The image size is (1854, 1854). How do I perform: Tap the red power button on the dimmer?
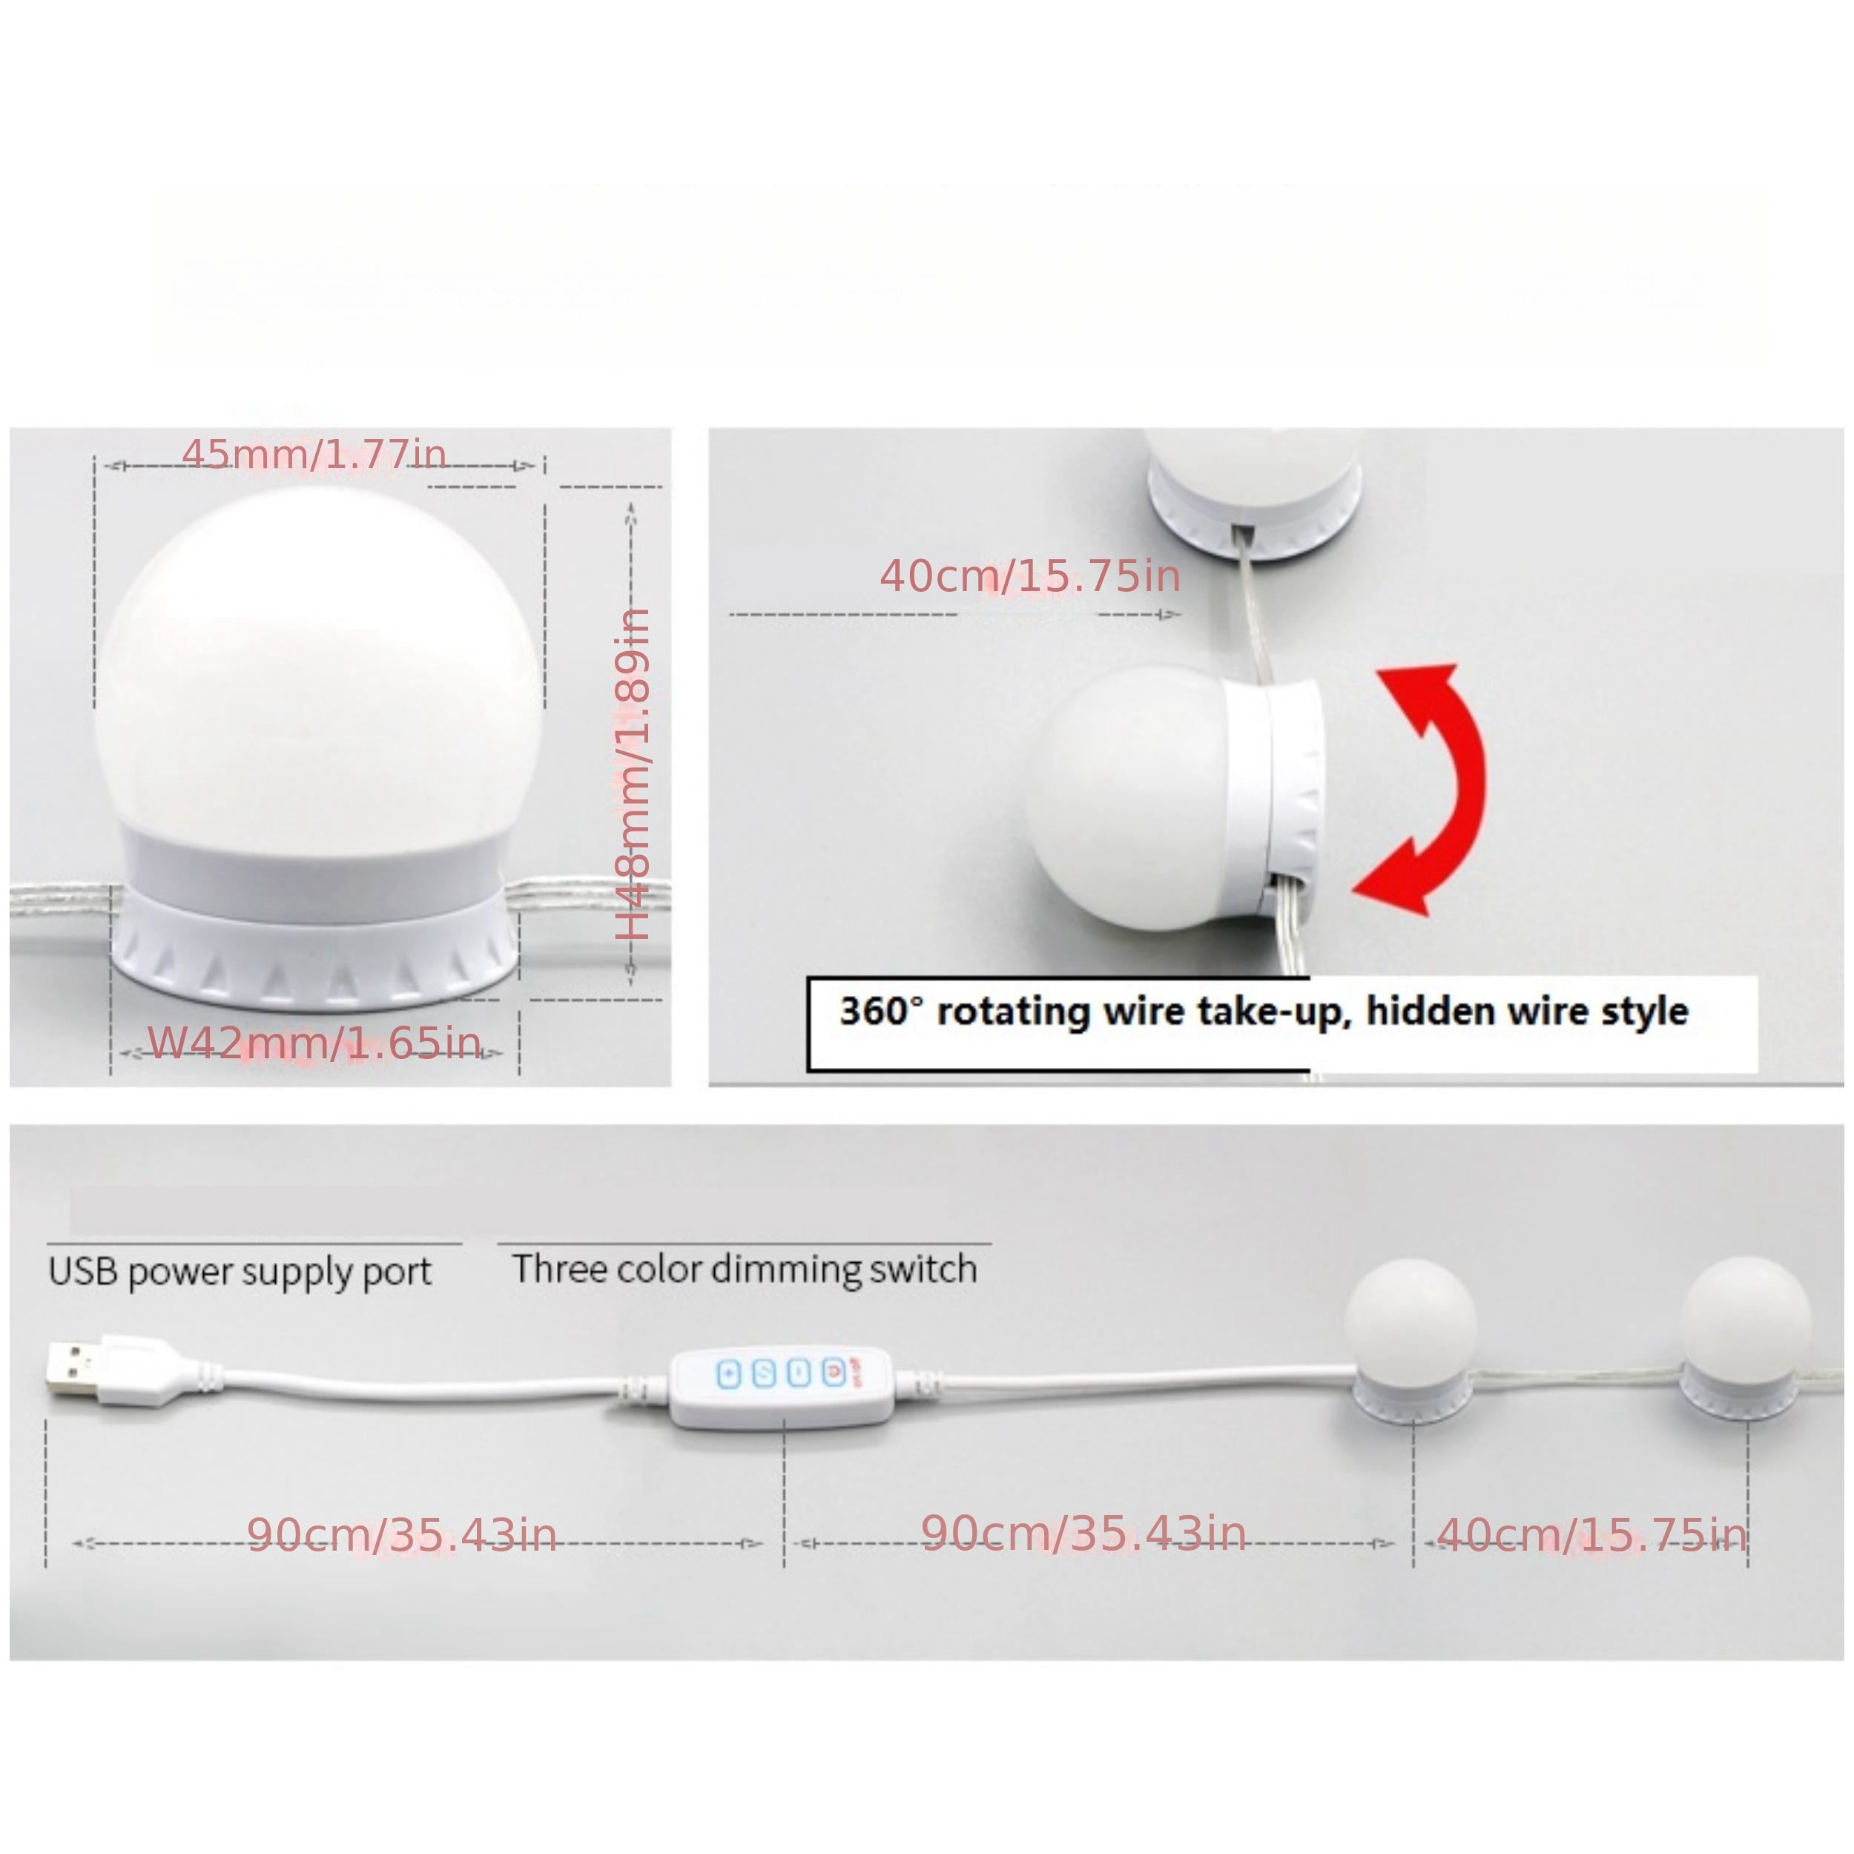click(833, 1372)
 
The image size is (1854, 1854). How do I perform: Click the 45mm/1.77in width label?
click(314, 454)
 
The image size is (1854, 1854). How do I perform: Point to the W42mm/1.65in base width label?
click(314, 1043)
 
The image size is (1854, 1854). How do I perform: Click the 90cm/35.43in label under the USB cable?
click(402, 1535)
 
